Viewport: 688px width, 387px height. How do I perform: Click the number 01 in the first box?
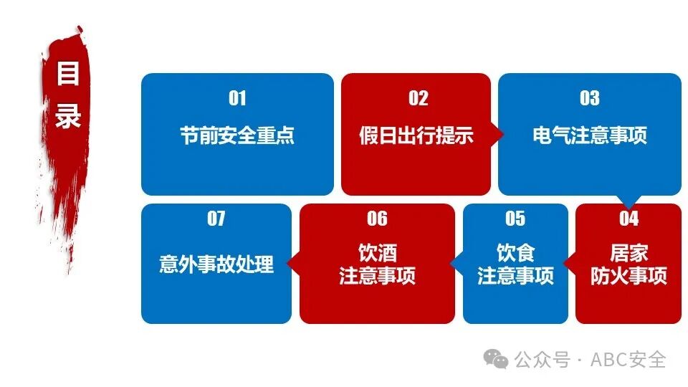point(237,98)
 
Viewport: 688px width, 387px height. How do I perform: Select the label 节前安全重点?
point(237,135)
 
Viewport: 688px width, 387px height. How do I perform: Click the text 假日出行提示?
point(416,135)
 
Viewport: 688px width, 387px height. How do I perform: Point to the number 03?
point(589,98)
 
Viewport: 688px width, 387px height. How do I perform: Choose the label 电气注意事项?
point(590,135)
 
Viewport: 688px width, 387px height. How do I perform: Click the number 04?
point(629,218)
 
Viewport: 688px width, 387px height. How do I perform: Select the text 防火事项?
point(629,276)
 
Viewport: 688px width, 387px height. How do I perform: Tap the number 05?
point(515,218)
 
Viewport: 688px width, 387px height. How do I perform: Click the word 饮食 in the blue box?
point(515,253)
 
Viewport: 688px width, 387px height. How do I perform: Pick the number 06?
point(377,218)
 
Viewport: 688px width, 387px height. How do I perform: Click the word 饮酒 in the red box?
point(377,253)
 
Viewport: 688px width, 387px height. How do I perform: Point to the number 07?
point(216,218)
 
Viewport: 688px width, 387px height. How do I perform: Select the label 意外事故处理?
point(216,264)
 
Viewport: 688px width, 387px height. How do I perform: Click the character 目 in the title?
point(68,74)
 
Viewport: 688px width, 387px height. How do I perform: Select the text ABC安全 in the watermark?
point(628,359)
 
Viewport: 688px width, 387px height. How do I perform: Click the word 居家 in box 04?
point(629,253)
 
